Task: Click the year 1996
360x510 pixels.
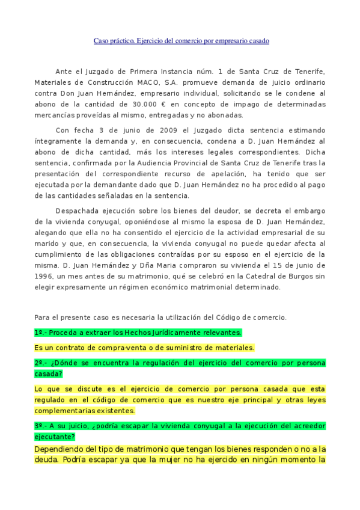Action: pyautogui.click(x=45, y=276)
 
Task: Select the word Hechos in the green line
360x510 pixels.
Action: pyautogui.click(x=138, y=332)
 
